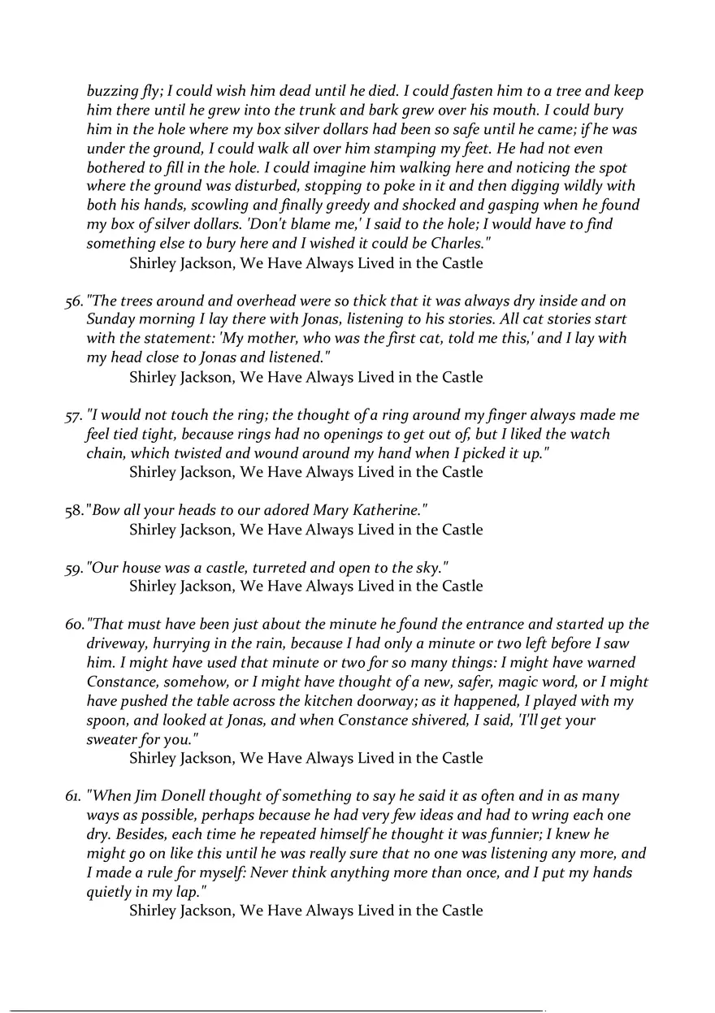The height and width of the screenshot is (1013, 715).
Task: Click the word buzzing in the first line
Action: [x=112, y=92]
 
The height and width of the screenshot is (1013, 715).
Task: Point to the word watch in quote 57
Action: [x=587, y=435]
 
